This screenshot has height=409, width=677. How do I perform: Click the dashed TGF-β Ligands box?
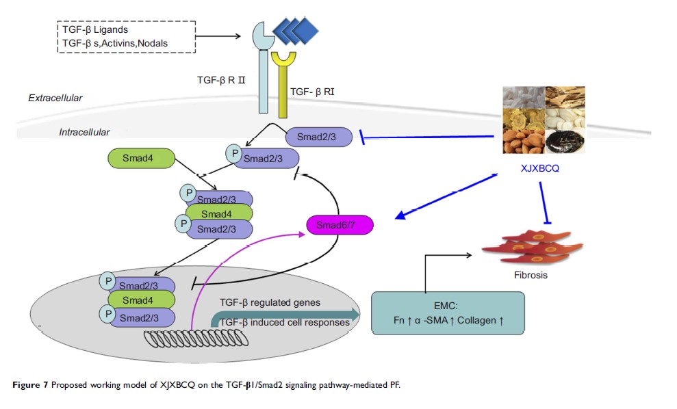(127, 37)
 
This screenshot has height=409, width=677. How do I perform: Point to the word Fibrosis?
(531, 276)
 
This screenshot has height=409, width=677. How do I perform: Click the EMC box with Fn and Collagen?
(448, 313)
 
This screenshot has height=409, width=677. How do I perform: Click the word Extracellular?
(55, 98)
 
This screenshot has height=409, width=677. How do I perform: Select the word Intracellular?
(85, 131)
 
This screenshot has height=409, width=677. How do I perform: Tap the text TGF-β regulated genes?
(270, 302)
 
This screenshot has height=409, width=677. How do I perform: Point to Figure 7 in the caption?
(30, 386)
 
